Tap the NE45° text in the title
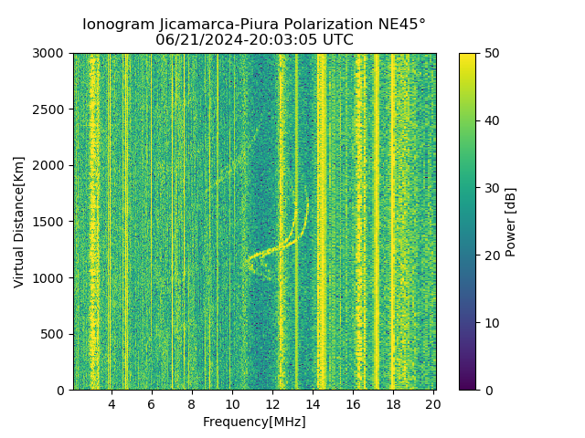point(401,25)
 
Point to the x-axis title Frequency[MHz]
point(254,422)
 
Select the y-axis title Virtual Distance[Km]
point(18,222)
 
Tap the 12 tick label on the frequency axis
point(272,403)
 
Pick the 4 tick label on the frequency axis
point(112,403)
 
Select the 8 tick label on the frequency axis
point(192,403)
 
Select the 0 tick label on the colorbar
point(486,390)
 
